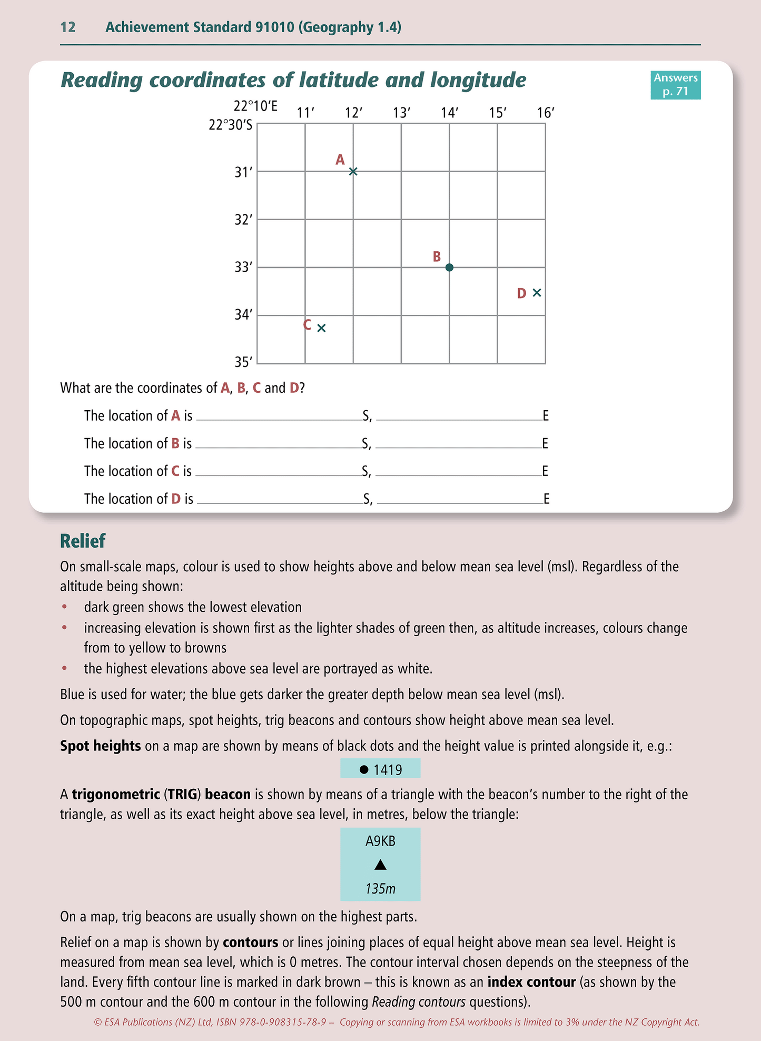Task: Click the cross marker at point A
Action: point(353,171)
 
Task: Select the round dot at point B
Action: point(449,267)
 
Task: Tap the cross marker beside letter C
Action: point(322,328)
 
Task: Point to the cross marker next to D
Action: point(537,293)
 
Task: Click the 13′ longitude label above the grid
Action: point(401,113)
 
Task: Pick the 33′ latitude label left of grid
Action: point(243,267)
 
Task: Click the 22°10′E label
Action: point(255,106)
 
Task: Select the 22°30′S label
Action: point(231,125)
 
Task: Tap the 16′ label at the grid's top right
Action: point(546,113)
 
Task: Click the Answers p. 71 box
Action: point(675,85)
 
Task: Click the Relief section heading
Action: point(83,541)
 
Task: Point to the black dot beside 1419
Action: point(363,769)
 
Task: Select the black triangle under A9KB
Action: point(380,865)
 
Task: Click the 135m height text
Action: point(380,889)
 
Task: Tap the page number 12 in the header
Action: point(68,27)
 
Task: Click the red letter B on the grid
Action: point(437,256)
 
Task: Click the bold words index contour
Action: point(531,982)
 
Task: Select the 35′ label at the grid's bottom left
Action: point(243,362)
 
